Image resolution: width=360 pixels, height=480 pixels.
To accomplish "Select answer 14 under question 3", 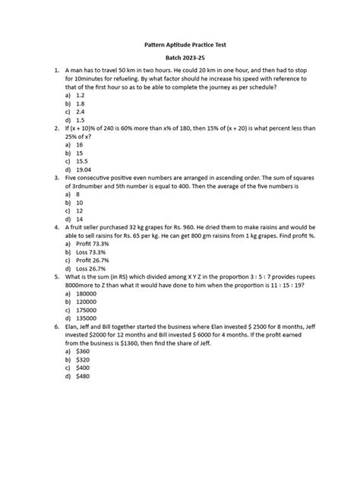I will coord(80,216).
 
